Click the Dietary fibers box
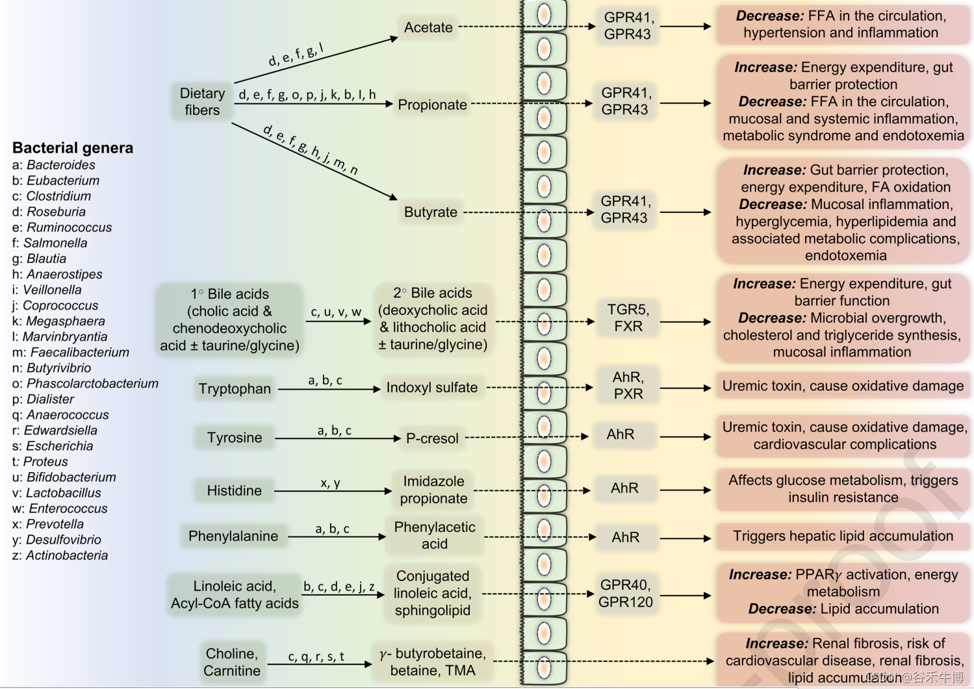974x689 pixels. tap(202, 102)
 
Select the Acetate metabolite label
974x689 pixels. tap(428, 27)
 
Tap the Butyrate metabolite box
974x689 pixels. tap(430, 212)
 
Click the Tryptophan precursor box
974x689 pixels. tap(235, 389)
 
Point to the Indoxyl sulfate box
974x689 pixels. tap(431, 388)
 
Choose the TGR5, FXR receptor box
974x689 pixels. tap(628, 318)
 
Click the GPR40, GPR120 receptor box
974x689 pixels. tap(625, 594)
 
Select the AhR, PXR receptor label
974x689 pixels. tap(628, 386)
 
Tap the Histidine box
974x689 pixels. tap(234, 491)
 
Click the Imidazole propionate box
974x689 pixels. tap(433, 490)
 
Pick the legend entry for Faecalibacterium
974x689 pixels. tap(71, 353)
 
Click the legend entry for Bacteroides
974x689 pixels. tap(54, 165)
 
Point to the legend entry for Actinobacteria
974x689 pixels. tap(60, 555)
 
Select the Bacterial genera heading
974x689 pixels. tap(73, 148)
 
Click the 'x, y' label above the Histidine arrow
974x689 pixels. tap(330, 483)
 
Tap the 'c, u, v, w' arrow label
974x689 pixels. tap(336, 312)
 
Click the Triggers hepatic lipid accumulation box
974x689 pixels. tap(843, 536)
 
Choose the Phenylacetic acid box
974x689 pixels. tap(434, 536)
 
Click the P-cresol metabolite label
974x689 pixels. tap(432, 439)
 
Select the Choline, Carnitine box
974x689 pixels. tap(232, 662)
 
